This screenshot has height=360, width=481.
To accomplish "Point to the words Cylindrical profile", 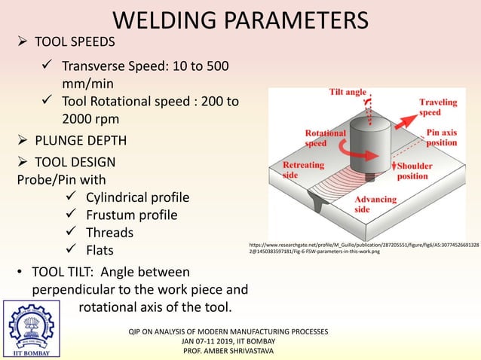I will [136, 197].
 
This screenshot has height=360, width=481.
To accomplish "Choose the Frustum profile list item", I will [131, 215].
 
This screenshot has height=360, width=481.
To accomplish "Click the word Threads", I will [109, 232].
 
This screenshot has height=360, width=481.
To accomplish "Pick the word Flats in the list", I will [100, 249].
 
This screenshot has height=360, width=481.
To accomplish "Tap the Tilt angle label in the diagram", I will [348, 92].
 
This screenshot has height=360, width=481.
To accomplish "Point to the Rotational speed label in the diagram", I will [325, 137].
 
